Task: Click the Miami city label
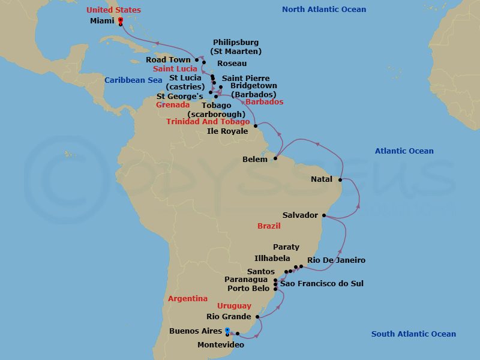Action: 102,20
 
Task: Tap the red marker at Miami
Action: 120,20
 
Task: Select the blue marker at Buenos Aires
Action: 227,330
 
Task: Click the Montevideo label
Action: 221,345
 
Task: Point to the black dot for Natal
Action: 340,179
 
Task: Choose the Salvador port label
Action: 300,215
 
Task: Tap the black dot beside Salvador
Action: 324,215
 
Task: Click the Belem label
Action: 254,160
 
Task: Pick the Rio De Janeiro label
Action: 336,260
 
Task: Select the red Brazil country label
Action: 269,226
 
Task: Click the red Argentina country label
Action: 188,298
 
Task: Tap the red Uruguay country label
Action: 235,306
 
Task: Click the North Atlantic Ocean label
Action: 324,9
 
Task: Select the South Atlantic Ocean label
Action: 413,334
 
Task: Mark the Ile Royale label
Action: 227,131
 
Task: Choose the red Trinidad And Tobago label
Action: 208,122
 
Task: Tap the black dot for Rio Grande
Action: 257,317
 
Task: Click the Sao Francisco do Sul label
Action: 322,283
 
